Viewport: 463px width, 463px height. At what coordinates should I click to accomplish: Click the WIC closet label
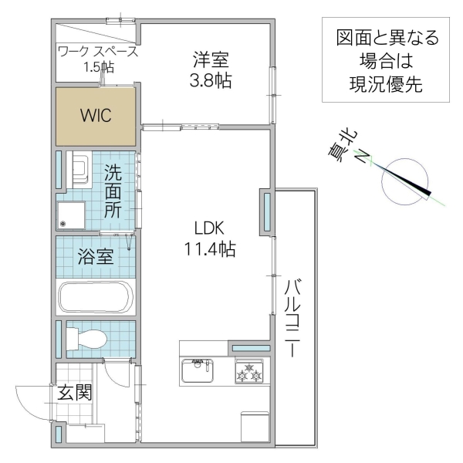96,117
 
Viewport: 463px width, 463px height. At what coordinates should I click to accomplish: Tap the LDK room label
208,228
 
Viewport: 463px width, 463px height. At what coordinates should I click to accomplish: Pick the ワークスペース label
97,52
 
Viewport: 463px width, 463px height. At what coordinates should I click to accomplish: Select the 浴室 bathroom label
96,257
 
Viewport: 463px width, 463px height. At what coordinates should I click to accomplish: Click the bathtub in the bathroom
96,297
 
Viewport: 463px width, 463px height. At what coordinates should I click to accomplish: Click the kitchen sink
198,372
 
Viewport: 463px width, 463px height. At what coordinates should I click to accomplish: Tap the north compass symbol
407,181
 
